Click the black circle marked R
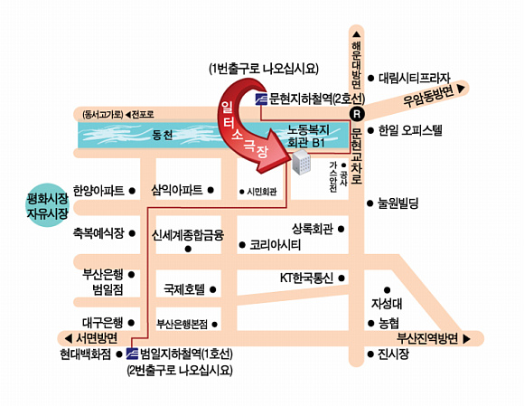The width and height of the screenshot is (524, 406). point(357,114)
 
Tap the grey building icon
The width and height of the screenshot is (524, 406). point(301,162)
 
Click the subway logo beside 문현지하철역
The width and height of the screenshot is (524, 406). point(261,99)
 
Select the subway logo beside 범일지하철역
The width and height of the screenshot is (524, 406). point(132,354)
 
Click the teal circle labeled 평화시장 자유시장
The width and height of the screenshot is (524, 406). point(48,205)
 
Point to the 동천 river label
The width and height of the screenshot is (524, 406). point(163,135)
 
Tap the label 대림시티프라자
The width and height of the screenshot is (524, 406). point(415,79)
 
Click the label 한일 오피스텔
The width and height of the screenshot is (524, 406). point(410,130)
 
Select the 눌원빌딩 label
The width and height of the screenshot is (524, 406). point(398,203)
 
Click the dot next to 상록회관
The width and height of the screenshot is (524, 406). point(341,229)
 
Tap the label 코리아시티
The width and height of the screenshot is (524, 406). point(275,245)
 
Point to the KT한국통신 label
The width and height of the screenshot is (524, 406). point(306,278)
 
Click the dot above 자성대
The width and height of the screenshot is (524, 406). point(387,290)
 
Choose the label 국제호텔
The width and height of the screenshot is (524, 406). point(184,289)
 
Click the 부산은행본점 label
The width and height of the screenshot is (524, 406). point(182,324)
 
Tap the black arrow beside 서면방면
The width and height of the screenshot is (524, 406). point(68,339)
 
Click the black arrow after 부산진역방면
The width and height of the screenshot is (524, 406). point(467,339)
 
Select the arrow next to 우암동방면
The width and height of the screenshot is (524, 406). point(461,89)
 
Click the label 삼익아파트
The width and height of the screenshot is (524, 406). point(177,190)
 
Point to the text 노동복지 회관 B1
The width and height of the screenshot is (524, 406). point(308,137)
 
